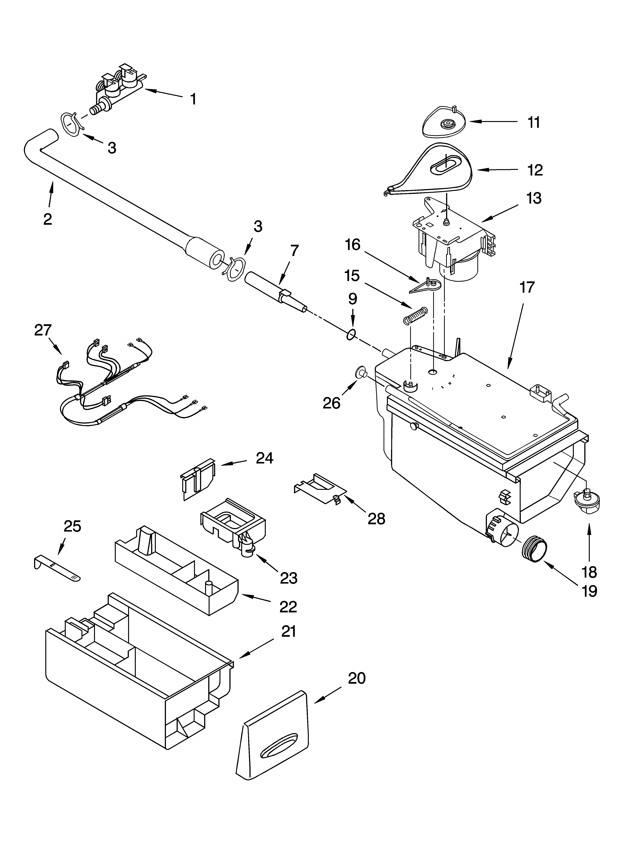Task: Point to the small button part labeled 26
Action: (361, 373)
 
